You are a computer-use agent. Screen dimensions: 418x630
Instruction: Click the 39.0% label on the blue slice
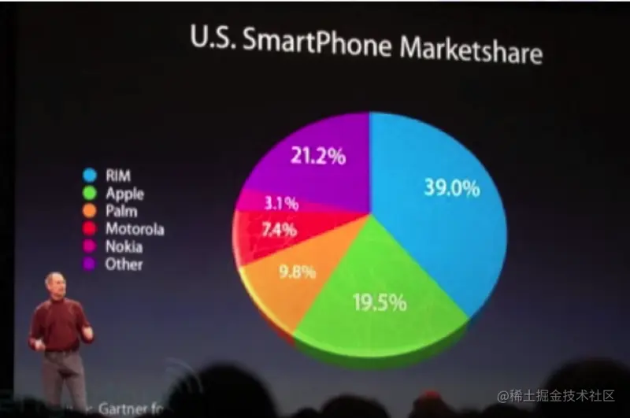coord(452,188)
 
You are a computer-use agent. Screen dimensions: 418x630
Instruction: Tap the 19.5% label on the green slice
coord(379,301)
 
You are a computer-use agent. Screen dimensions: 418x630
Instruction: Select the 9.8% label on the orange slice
coord(297,272)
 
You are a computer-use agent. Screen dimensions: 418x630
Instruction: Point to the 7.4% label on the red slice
coord(279,230)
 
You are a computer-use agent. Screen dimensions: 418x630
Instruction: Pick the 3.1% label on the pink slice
coord(281,204)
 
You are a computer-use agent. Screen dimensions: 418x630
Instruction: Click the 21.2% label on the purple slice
coord(318,156)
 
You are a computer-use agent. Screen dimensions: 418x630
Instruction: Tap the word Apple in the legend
coord(124,193)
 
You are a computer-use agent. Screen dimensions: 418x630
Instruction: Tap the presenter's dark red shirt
coord(58,323)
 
